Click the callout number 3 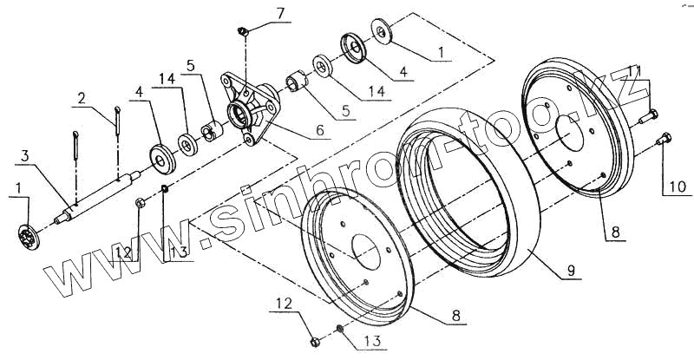pyautogui.click(x=26, y=154)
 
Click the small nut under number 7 pyautogui.click(x=245, y=32)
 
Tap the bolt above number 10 pyautogui.click(x=665, y=136)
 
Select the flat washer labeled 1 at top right pyautogui.click(x=381, y=29)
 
